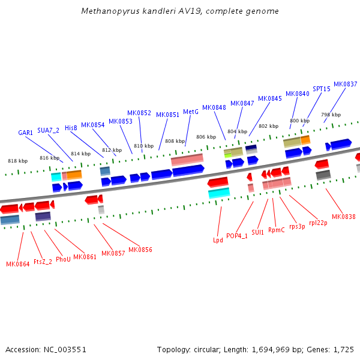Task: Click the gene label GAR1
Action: [x=25, y=133]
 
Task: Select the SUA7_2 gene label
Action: [x=48, y=130]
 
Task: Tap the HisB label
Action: [x=71, y=128]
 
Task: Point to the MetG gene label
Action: [x=190, y=112]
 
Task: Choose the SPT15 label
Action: [x=321, y=89]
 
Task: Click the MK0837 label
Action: [x=345, y=84]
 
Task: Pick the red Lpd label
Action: [x=218, y=240]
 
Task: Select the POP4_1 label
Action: [x=237, y=236]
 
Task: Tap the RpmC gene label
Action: [x=277, y=230]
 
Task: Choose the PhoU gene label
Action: [x=63, y=259]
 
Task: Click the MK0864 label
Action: [x=17, y=264]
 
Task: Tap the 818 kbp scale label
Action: [x=17, y=161]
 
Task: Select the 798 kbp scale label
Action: [x=331, y=115]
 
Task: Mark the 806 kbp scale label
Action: [x=206, y=137]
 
